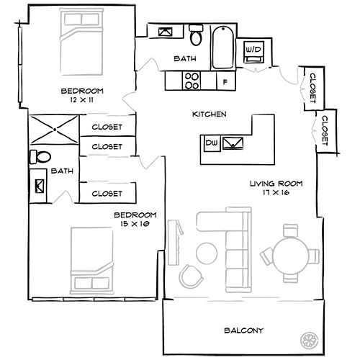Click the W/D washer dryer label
pos(254,50)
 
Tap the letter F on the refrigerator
pos(225,81)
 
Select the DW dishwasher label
pos(212,144)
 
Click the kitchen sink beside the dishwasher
pos(233,143)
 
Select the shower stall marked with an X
pos(53,130)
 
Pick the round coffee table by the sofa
pos(207,251)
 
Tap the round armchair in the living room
pos(192,275)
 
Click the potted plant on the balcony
pos(310,338)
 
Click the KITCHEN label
pos(210,114)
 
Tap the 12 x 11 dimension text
pos(82,100)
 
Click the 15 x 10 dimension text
pos(135,225)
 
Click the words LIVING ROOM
pos(276,184)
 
